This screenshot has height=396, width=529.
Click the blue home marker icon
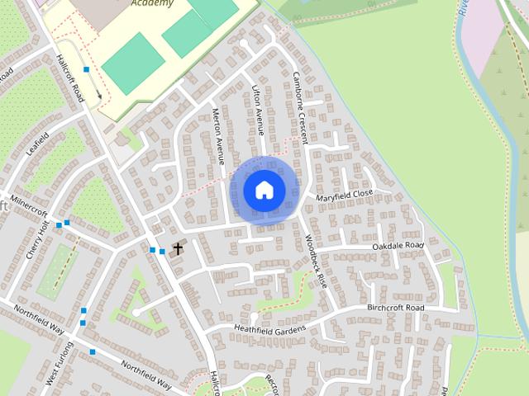point(264,190)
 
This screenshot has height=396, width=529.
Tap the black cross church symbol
point(177,247)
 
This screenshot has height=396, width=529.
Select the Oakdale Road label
point(398,246)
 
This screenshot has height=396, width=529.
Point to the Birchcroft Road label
point(396,308)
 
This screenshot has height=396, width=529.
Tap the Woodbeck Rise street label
point(316,260)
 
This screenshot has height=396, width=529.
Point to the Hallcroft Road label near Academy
point(71,79)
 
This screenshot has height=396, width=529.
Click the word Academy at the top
point(152,3)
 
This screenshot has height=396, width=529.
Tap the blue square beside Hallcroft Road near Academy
point(86,69)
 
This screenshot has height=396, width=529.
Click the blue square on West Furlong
point(93,352)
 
